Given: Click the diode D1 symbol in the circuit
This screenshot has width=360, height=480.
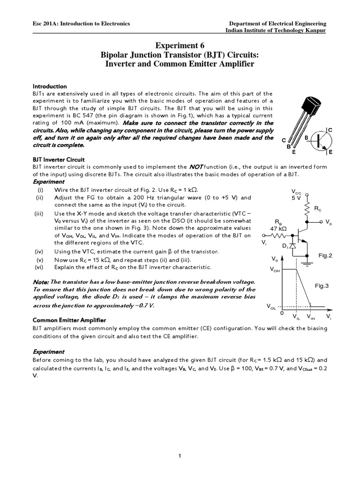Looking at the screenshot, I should [x=293, y=246].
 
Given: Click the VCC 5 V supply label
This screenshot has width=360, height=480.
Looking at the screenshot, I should [x=297, y=195].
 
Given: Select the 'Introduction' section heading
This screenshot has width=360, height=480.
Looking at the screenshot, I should [x=50, y=87].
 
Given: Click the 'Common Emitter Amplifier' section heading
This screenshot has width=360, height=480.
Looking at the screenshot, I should [x=69, y=320].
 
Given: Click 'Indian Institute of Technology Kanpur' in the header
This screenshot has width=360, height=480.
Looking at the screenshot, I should [x=276, y=30].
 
